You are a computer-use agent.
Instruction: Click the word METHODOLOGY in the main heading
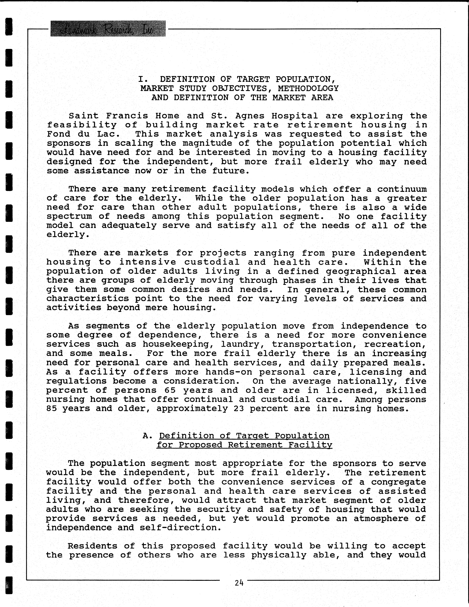click(308, 88)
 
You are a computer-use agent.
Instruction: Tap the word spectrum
click(69, 216)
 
